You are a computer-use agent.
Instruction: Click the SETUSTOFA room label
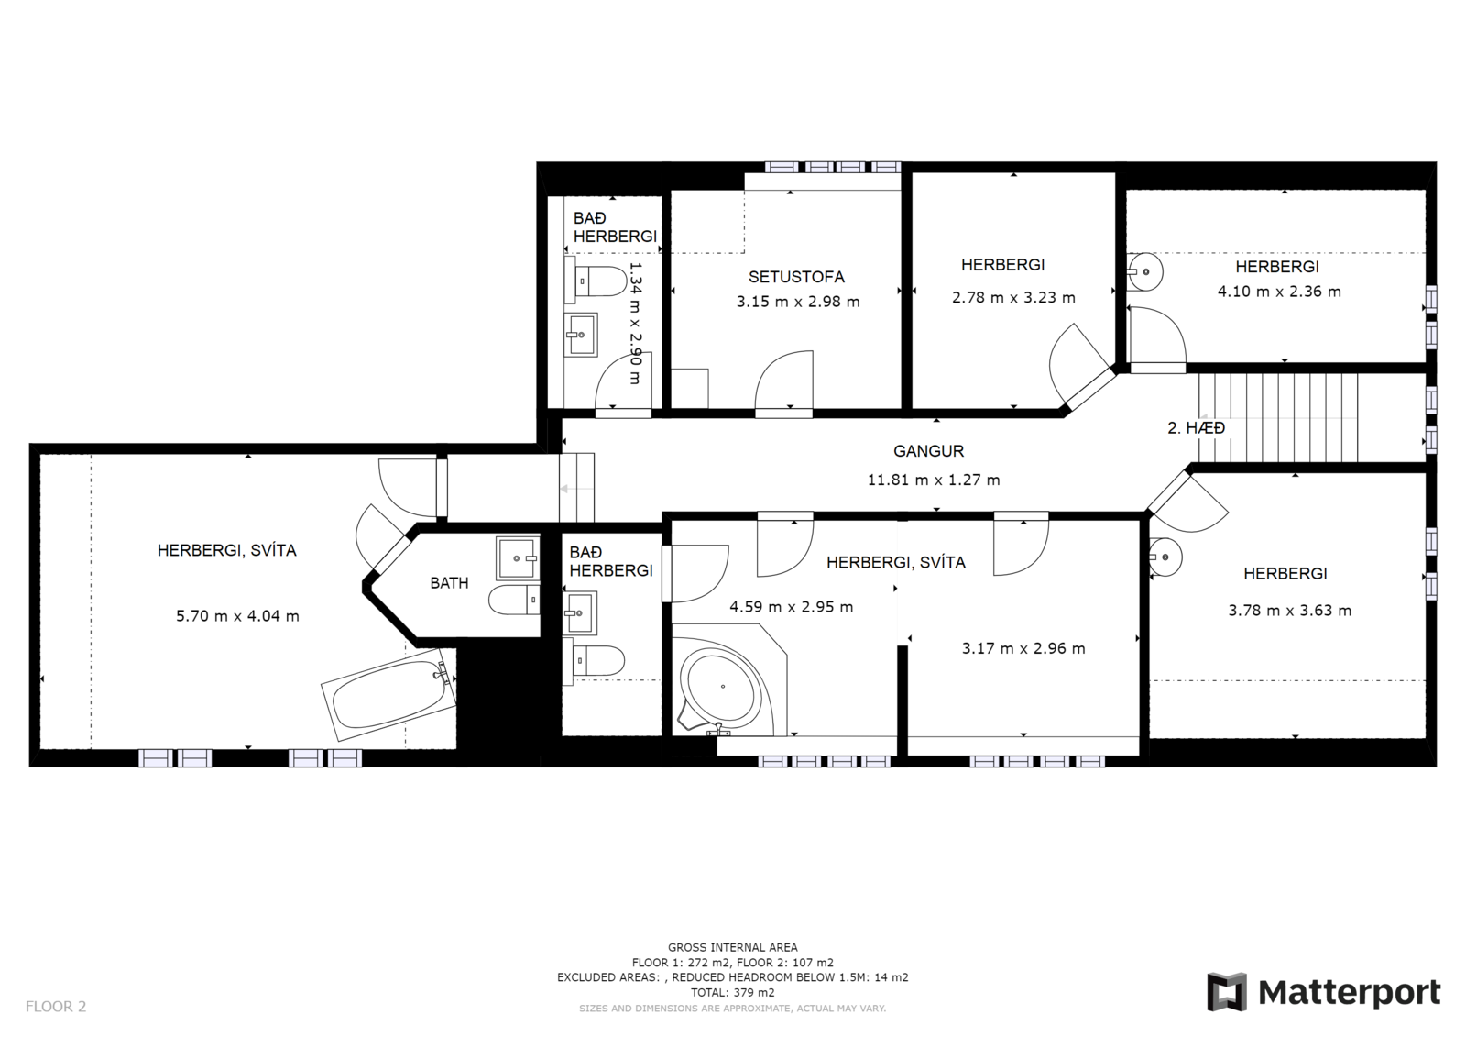pos(796,277)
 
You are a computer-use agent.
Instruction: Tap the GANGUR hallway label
pos(929,451)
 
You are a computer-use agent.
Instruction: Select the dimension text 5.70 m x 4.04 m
pos(237,616)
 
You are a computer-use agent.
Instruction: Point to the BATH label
pos(449,582)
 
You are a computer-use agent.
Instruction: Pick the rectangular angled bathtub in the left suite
pos(389,694)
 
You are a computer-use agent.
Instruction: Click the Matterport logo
pos(1323,992)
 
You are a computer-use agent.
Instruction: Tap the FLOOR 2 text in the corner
pos(56,1006)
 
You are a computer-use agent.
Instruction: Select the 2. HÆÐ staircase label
pos(1197,428)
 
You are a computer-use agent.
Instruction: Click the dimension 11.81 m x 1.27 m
pos(934,480)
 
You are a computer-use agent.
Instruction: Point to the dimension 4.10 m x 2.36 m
pos(1279,292)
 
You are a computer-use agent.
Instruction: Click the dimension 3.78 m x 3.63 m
pos(1290,611)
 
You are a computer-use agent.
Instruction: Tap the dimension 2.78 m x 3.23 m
pos(1013,297)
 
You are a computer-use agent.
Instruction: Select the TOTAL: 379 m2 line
pos(733,992)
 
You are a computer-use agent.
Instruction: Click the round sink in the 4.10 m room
pos(1144,271)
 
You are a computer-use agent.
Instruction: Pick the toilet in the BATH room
pos(514,600)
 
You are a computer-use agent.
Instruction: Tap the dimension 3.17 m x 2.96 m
pos(1023,648)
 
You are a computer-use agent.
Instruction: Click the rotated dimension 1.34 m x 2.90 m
pos(635,323)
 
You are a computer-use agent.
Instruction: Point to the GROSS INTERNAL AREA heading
pos(733,947)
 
